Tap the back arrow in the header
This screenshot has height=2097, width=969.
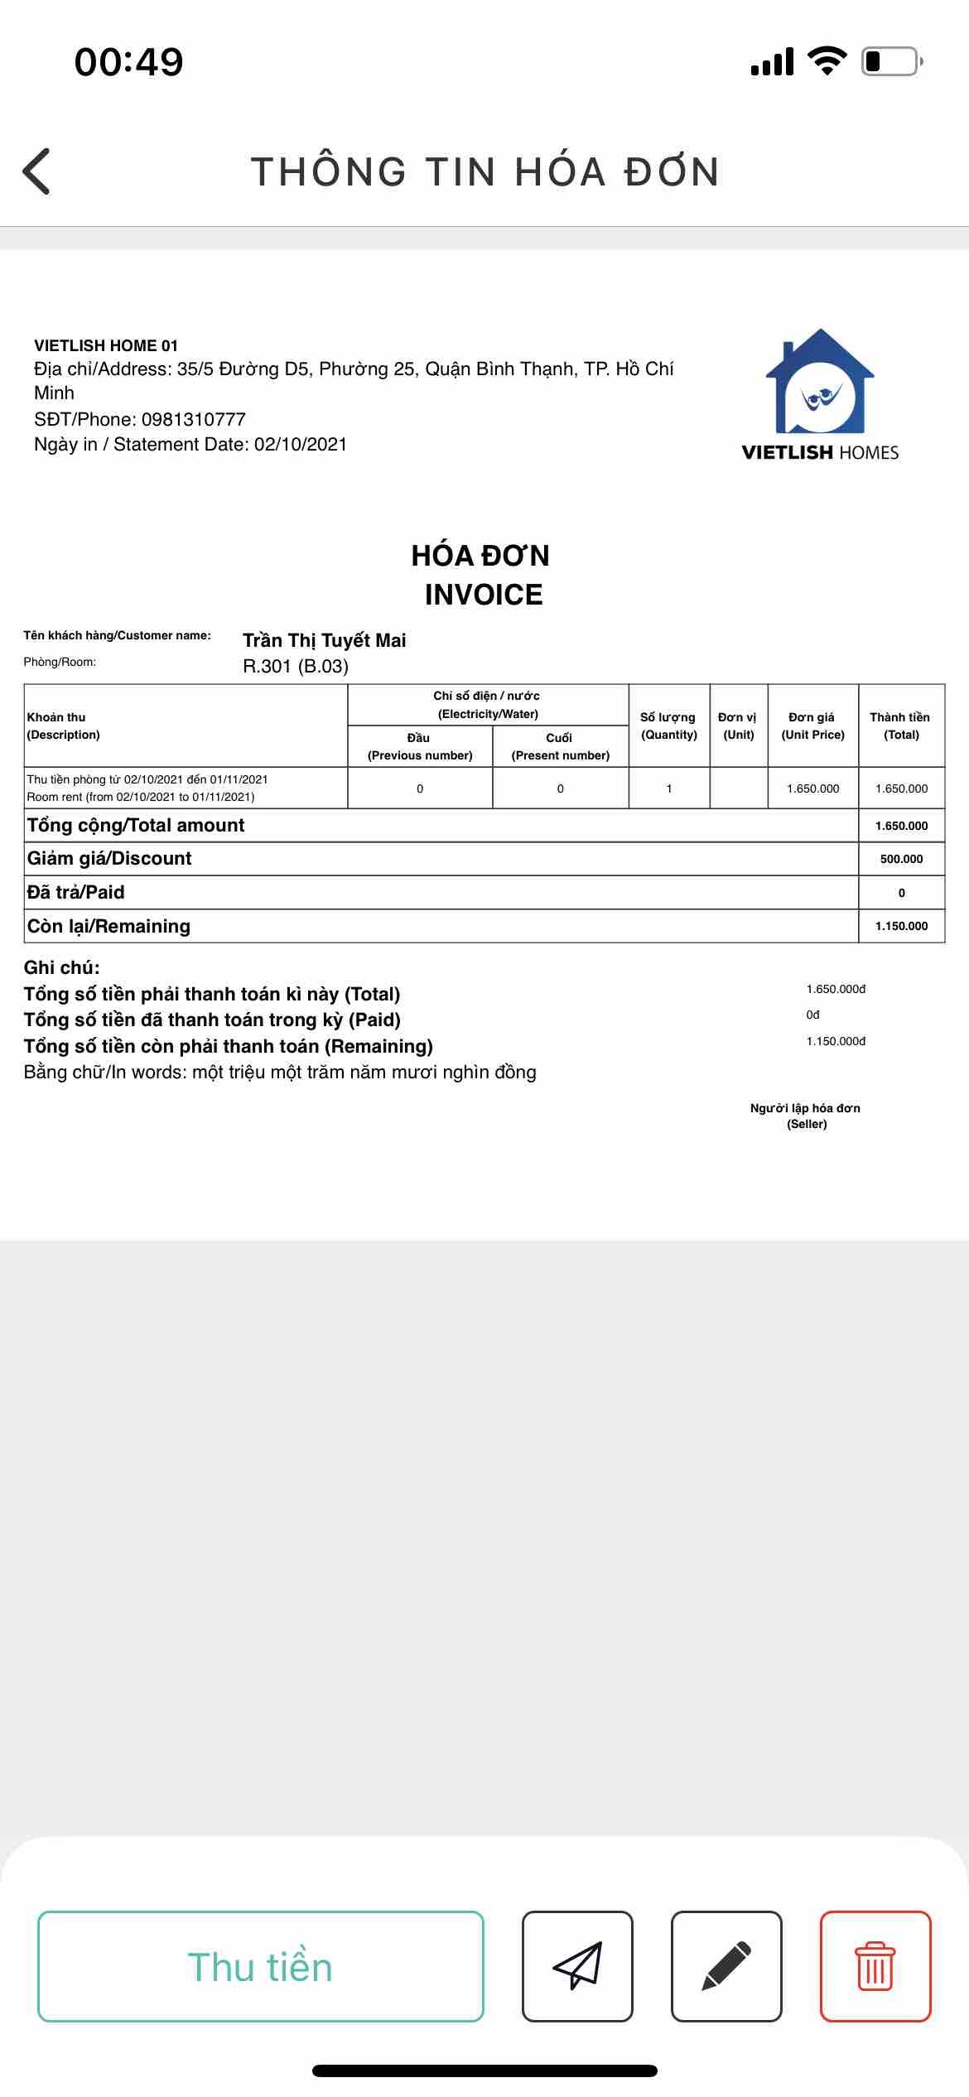pos(36,171)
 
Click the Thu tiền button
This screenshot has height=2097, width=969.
pos(261,1967)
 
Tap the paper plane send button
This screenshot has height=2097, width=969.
pos(577,1967)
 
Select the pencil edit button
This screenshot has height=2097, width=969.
pos(726,1967)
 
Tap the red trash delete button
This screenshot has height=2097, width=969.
pos(875,1967)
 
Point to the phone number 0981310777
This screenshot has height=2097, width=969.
pos(194,419)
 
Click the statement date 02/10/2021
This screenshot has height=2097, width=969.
pos(301,445)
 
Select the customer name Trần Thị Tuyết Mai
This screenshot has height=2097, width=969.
pos(325,640)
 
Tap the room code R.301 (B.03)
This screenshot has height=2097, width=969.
pos(296,667)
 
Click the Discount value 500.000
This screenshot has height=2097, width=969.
pos(901,859)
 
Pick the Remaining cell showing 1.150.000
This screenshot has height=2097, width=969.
pos(901,926)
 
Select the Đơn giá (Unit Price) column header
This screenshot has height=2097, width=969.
pos(812,726)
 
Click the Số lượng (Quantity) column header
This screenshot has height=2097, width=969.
pos(669,726)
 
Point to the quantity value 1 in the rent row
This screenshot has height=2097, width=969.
pos(669,788)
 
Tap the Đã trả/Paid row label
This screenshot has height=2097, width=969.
pos(76,893)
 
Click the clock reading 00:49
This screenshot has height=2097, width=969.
pos(128,62)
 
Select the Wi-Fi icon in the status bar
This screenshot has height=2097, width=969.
pos(827,61)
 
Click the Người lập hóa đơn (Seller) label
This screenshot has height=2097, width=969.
pos(806,1116)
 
